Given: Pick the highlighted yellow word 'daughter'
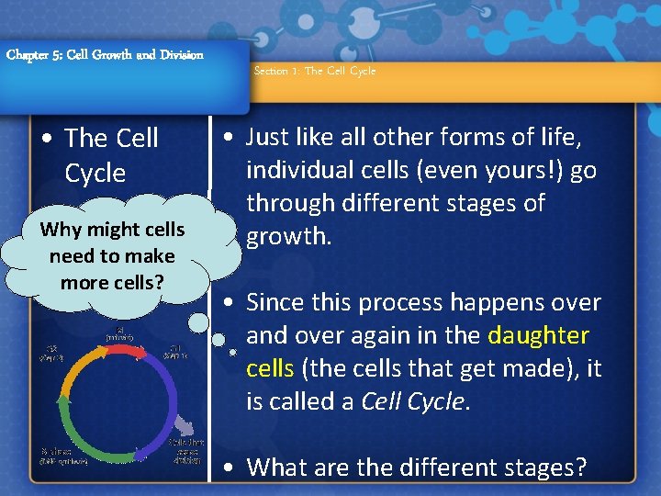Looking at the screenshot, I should point(539,335).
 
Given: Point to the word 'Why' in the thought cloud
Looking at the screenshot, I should point(61,230).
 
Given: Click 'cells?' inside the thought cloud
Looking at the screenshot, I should point(139,281).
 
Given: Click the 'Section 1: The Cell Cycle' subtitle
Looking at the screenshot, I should point(314,71).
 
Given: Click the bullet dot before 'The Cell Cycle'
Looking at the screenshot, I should point(48,140).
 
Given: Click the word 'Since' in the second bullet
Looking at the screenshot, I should point(276,302).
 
